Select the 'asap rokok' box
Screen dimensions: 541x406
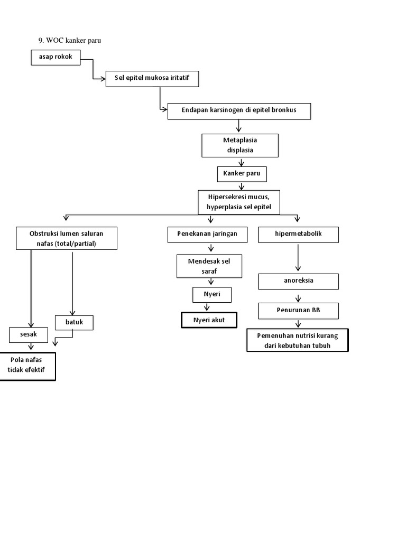tap(56, 58)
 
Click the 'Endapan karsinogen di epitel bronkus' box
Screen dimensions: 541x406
tap(239, 111)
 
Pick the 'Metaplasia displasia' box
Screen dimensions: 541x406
tap(240, 145)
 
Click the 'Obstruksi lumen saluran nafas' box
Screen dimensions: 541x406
tap(66, 238)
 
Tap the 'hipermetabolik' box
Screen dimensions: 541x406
tap(298, 234)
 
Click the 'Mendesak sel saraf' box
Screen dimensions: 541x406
tap(209, 266)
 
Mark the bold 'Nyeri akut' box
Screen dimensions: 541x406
tap(209, 320)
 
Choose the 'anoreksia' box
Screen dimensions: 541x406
tap(298, 281)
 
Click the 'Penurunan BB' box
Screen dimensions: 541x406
tap(298, 311)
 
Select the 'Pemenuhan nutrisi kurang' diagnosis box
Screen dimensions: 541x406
tap(297, 341)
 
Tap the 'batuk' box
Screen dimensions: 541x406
tap(74, 322)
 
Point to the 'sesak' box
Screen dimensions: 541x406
tap(29, 334)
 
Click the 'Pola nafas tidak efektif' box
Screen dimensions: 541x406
tap(27, 366)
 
